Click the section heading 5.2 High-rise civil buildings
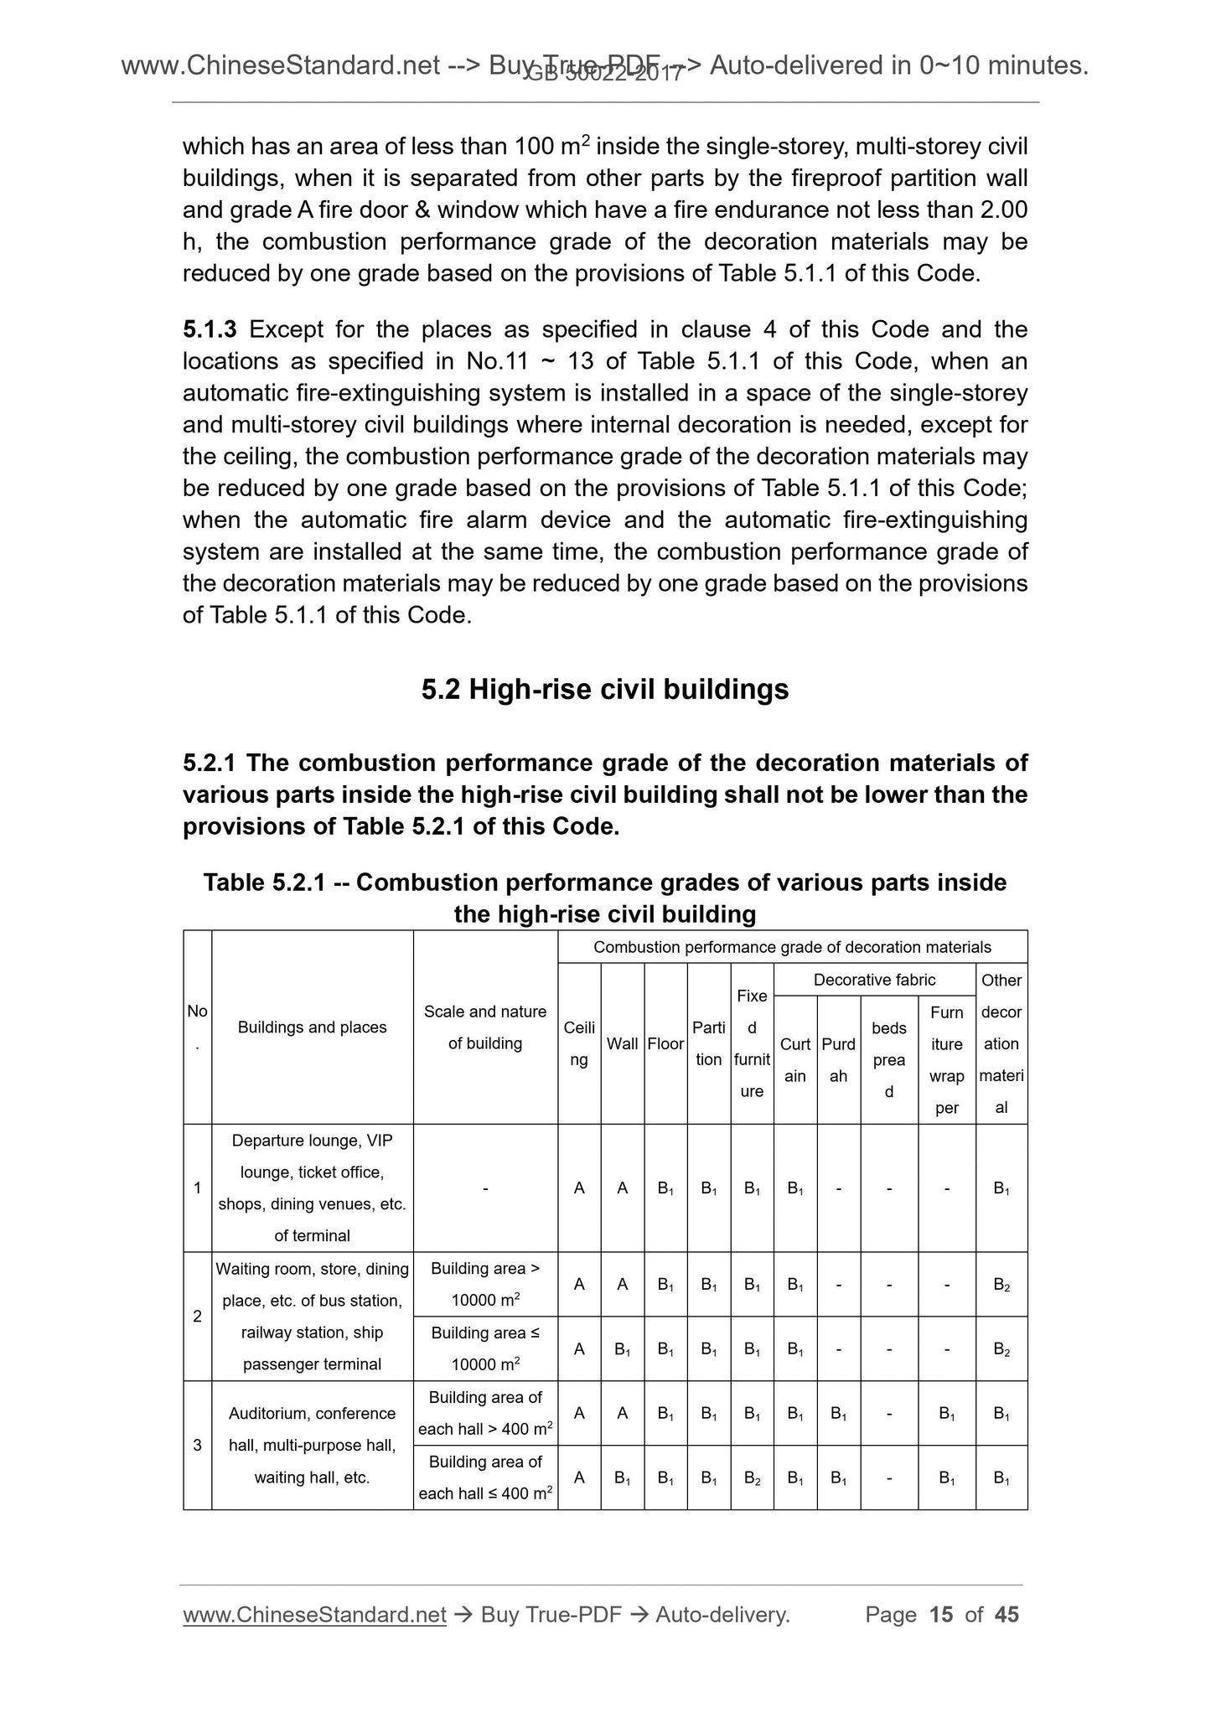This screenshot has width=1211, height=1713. (604, 689)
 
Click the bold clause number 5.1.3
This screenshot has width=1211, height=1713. (210, 329)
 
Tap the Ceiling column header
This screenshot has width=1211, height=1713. (578, 1043)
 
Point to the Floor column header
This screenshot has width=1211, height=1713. (665, 1043)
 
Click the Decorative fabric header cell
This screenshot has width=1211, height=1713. (874, 980)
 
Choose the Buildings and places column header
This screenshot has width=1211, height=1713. (312, 1027)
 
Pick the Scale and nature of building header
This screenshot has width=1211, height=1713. (484, 1027)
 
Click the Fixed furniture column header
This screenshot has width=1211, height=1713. (752, 1043)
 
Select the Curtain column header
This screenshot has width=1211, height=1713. (794, 1059)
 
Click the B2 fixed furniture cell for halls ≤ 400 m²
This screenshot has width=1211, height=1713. (752, 1478)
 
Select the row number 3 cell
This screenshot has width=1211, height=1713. (197, 1445)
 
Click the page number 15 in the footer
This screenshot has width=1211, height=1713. (941, 1615)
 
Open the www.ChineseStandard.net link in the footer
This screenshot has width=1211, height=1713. (313, 1615)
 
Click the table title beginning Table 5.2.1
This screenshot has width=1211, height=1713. (604, 898)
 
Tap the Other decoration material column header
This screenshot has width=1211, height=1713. (1001, 1043)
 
